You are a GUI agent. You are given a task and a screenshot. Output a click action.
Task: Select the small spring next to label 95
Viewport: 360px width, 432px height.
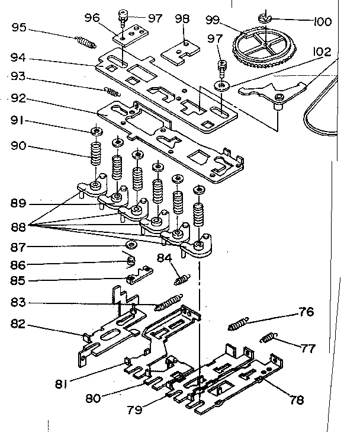pos(86,43)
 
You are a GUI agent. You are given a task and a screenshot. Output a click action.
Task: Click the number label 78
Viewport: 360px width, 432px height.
pos(296,399)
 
